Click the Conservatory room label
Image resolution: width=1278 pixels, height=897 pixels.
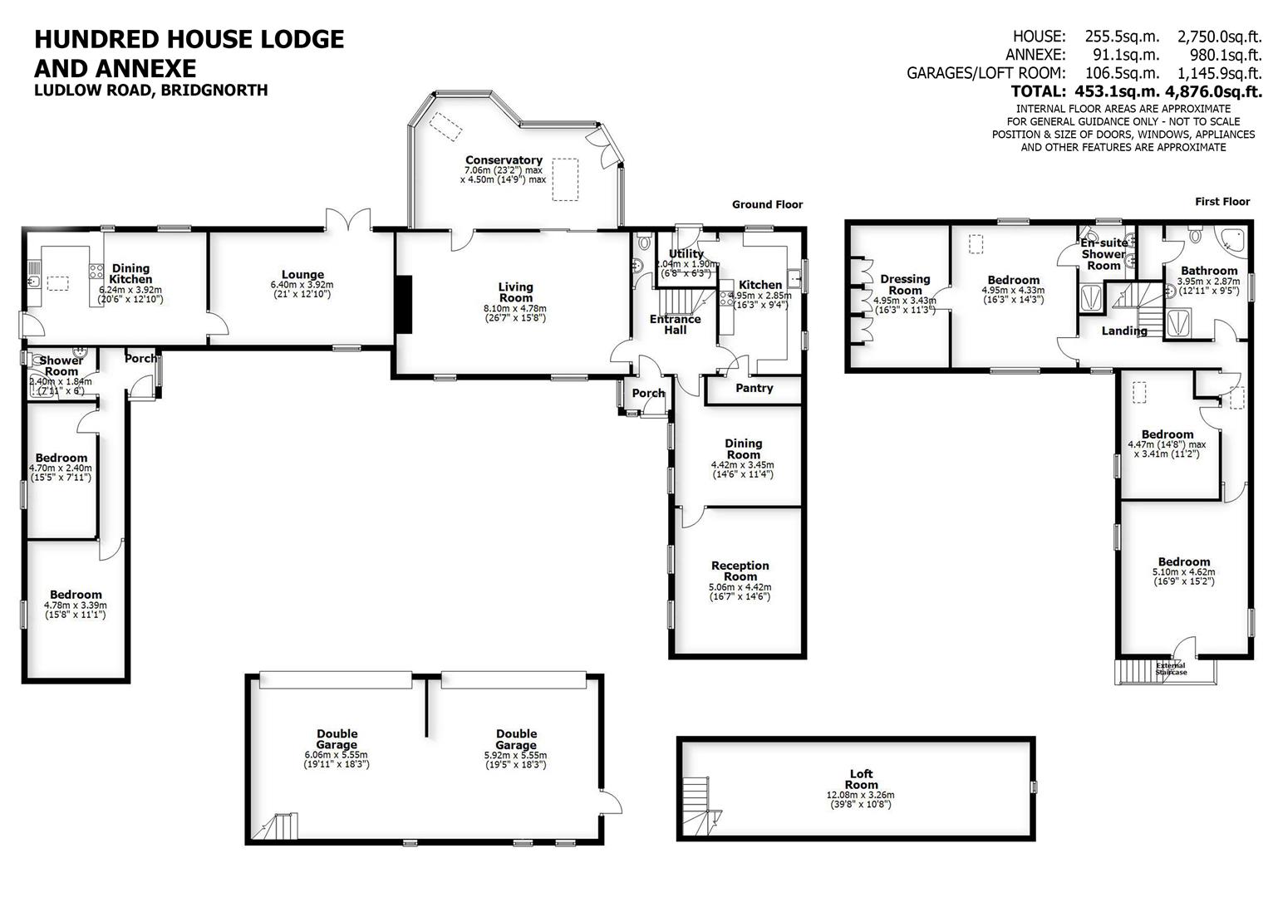tap(504, 160)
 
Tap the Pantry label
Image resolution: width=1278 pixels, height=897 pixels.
tap(754, 388)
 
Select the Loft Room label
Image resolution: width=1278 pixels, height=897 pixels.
tap(861, 780)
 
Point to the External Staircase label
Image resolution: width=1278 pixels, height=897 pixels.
tap(1171, 669)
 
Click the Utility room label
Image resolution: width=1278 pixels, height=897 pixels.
tap(686, 254)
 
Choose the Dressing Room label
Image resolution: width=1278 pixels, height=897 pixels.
tap(905, 285)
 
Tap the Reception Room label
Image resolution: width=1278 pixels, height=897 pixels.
tap(740, 571)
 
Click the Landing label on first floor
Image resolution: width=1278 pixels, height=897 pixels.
tap(1124, 331)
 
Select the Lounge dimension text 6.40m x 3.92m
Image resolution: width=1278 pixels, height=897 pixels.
tap(302, 285)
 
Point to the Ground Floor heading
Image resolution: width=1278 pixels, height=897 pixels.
tap(767, 204)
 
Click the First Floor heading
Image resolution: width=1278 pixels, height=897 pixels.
tap(1221, 201)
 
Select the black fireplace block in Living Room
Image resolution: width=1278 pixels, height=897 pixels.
tap(404, 304)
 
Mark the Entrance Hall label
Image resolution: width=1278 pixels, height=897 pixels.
tap(675, 324)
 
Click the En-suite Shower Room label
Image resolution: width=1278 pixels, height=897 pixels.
tap(1104, 254)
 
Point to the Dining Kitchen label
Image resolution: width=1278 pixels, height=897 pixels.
tap(131, 274)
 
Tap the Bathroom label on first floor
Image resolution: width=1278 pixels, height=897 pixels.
tap(1208, 271)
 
